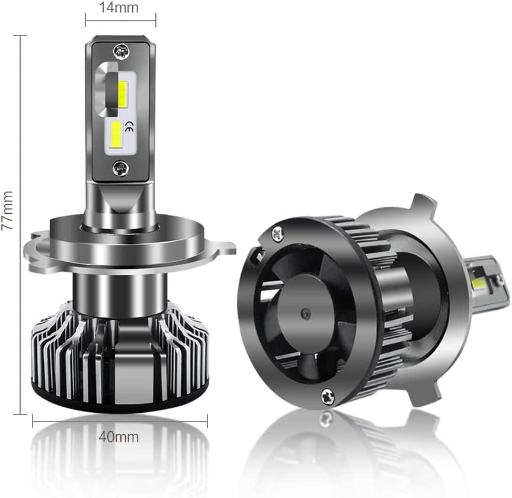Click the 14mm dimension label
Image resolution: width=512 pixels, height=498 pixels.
119,8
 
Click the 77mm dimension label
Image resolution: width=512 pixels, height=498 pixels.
7,210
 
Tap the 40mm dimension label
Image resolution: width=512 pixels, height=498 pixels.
119,437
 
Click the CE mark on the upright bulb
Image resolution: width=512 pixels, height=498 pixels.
129,126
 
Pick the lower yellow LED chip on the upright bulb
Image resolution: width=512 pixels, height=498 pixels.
117,134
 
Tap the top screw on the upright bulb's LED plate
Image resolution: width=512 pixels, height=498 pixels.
121,52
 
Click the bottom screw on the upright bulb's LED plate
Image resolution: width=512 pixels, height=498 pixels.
120,168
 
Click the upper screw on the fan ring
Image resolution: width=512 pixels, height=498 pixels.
277,234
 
